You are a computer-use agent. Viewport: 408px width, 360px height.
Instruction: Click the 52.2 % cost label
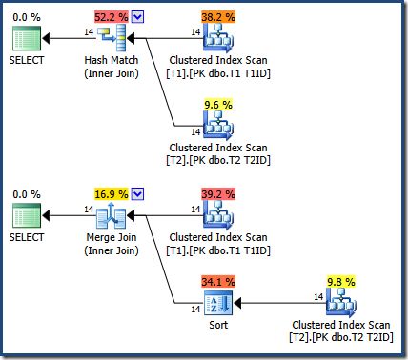coord(112,16)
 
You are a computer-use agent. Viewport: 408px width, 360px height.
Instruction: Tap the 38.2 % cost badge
coord(217,16)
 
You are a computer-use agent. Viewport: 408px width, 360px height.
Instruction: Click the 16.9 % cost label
coord(112,194)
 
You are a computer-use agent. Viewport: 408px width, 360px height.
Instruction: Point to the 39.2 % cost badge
coord(217,194)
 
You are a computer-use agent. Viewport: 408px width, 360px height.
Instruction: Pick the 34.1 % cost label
coord(217,282)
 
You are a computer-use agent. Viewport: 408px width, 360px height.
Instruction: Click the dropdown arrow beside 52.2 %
coord(139,16)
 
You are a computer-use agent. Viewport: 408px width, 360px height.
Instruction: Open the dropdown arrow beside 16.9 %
coord(139,194)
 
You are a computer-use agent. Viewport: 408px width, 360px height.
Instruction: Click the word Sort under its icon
coord(218,327)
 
